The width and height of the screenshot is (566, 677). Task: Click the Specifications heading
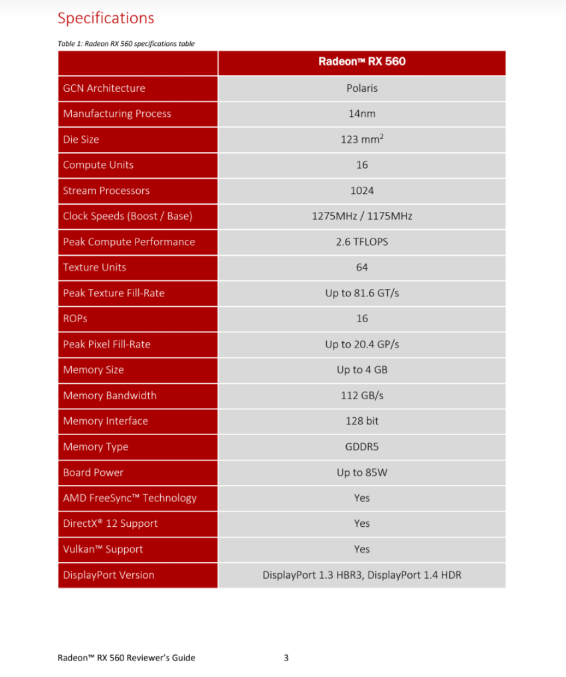(x=106, y=18)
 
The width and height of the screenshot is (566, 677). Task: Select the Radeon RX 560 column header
(x=361, y=62)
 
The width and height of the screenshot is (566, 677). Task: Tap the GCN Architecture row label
(x=104, y=88)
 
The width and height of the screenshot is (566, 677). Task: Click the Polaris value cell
(x=361, y=88)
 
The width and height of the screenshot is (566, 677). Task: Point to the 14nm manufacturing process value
(x=361, y=114)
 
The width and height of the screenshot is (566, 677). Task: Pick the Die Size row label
(x=81, y=140)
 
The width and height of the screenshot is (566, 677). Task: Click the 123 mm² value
(x=361, y=140)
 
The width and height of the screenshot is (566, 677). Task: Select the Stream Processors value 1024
(x=361, y=191)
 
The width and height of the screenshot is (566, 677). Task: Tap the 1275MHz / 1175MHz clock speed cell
(x=361, y=216)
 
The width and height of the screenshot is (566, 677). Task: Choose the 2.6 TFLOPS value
(x=361, y=242)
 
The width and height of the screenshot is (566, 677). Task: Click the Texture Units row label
(x=94, y=267)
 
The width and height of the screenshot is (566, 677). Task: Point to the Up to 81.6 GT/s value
(x=361, y=293)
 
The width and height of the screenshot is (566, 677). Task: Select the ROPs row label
(x=75, y=319)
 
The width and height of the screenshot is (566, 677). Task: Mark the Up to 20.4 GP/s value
(x=361, y=344)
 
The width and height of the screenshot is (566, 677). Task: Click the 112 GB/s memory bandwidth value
(x=361, y=395)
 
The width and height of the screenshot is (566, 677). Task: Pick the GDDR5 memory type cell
(x=361, y=447)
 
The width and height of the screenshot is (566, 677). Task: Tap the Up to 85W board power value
(x=361, y=472)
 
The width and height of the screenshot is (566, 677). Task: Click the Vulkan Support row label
(x=103, y=549)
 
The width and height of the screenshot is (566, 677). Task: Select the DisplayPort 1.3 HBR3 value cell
(x=361, y=575)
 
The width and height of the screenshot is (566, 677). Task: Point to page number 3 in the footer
(x=286, y=658)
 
